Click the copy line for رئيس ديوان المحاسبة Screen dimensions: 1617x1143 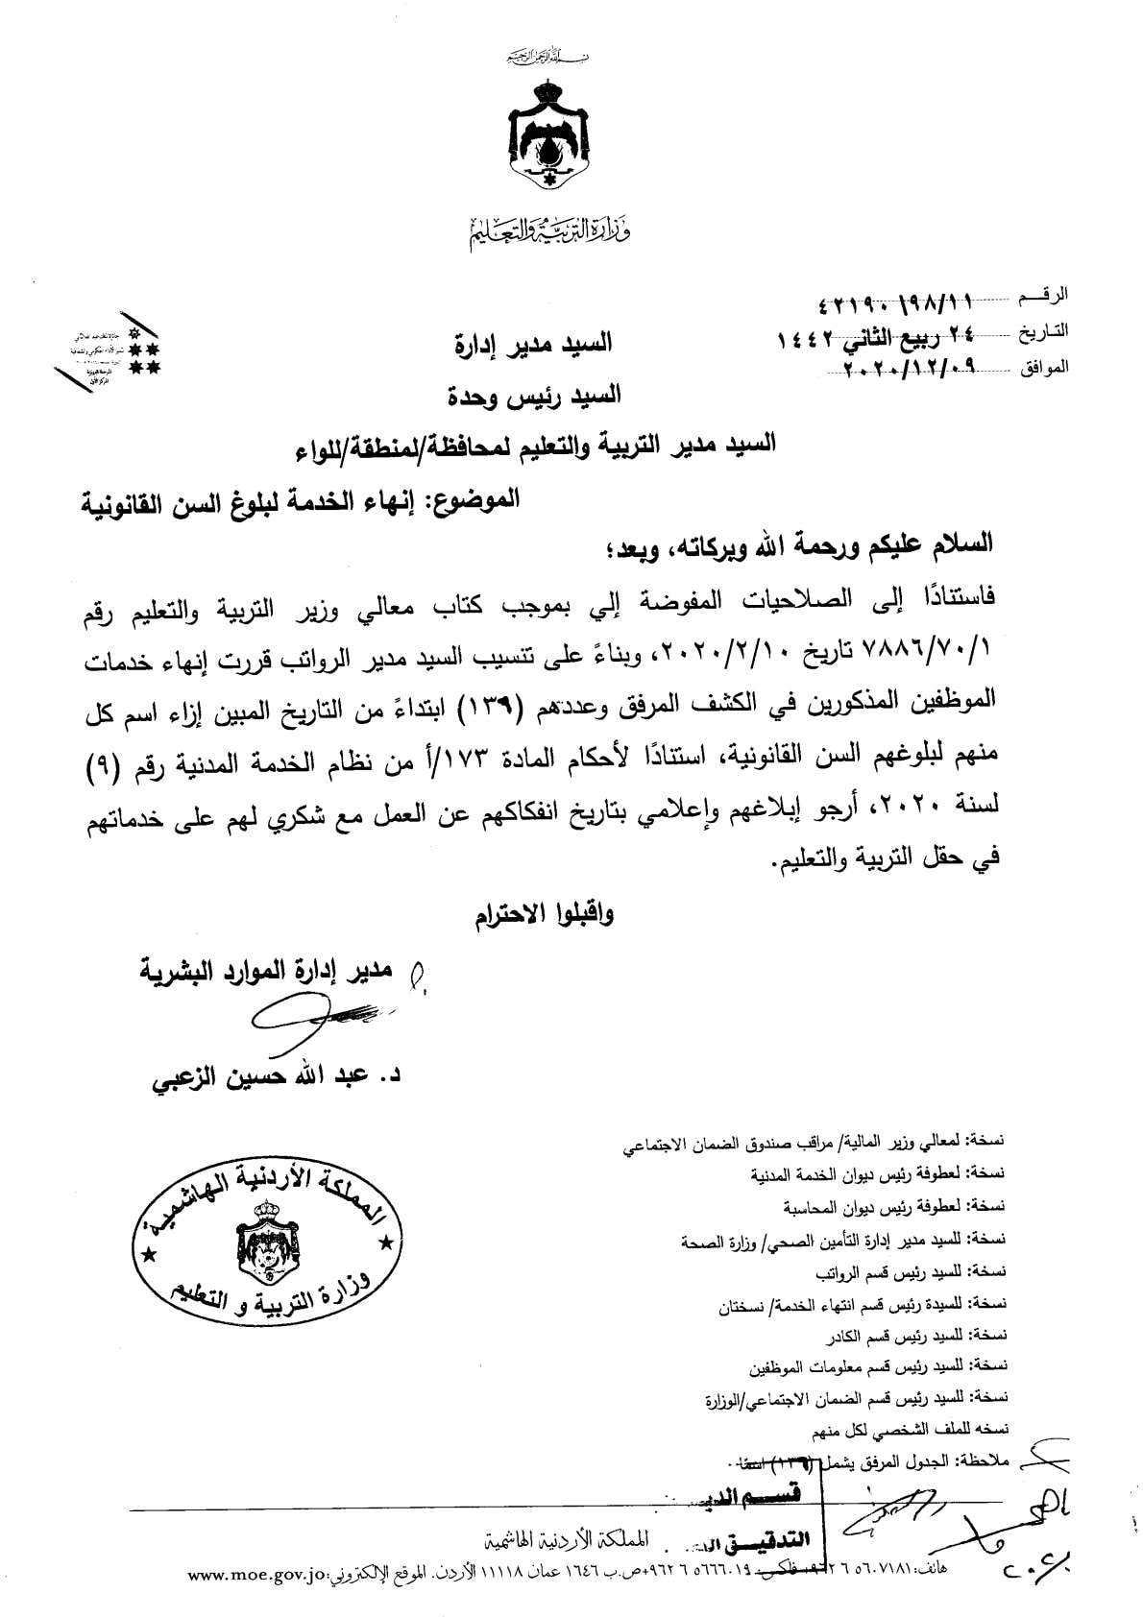pos(894,1207)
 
